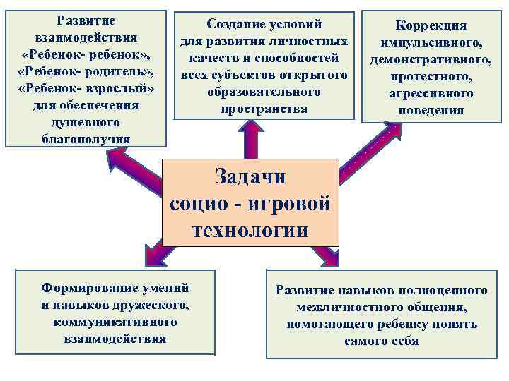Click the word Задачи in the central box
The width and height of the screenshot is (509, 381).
click(x=250, y=176)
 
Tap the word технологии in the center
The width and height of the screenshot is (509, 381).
click(x=250, y=230)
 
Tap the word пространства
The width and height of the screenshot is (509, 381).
click(x=264, y=109)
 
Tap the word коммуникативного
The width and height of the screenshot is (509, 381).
click(x=115, y=322)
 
